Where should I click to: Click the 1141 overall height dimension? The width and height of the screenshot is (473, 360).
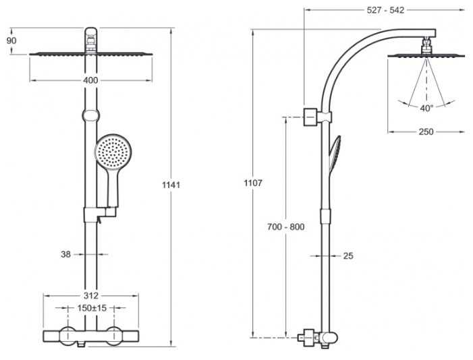pyautogui.click(x=171, y=185)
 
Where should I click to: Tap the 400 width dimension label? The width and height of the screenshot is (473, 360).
pyautogui.click(x=90, y=80)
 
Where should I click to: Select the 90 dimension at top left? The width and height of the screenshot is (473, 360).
pyautogui.click(x=11, y=40)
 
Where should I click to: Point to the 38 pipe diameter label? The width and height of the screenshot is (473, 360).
pyautogui.click(x=65, y=254)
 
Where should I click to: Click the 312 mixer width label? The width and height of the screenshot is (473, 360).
pyautogui.click(x=91, y=295)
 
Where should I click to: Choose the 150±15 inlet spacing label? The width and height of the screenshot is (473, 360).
pyautogui.click(x=92, y=308)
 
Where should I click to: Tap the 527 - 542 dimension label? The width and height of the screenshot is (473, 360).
pyautogui.click(x=385, y=10)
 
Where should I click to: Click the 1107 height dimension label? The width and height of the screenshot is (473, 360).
pyautogui.click(x=253, y=183)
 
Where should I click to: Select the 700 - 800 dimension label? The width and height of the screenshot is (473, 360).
pyautogui.click(x=285, y=227)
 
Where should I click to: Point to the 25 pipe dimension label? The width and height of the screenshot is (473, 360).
pyautogui.click(x=348, y=256)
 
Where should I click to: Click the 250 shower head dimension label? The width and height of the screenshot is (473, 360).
pyautogui.click(x=426, y=131)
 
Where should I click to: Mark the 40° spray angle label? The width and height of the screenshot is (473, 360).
pyautogui.click(x=426, y=108)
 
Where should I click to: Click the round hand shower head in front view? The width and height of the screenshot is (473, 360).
pyautogui.click(x=113, y=152)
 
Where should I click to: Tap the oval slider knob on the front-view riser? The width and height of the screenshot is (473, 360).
pyautogui.click(x=90, y=115)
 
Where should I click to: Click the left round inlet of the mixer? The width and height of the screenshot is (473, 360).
pyautogui.click(x=67, y=336)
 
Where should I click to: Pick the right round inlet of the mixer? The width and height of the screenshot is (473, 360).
pyautogui.click(x=114, y=336)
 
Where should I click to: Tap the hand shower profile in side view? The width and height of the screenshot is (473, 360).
pyautogui.click(x=335, y=154)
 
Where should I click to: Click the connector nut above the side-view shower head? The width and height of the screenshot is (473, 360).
pyautogui.click(x=426, y=45)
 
